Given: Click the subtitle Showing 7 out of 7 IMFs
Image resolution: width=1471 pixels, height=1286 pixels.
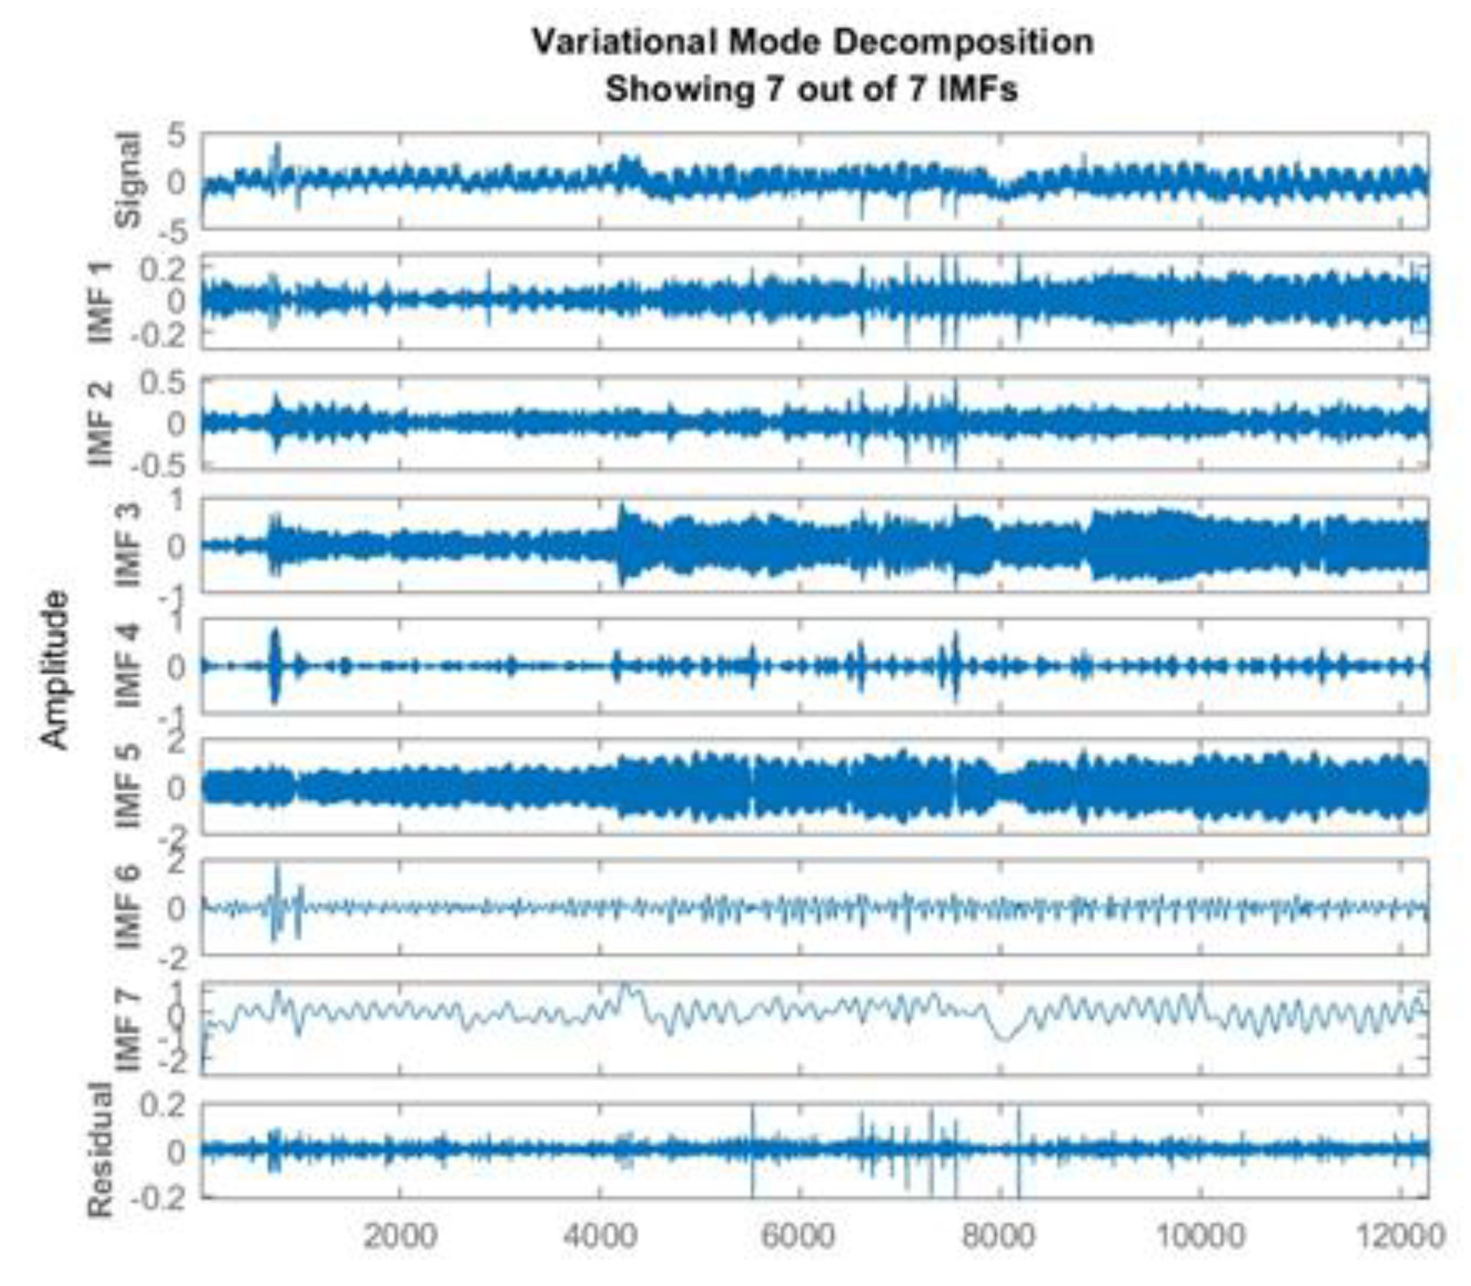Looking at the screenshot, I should pos(812,89).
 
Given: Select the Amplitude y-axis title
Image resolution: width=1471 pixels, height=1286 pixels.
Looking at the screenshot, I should pos(54,669).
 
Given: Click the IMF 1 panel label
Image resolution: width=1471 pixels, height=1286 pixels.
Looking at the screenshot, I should pos(101,302).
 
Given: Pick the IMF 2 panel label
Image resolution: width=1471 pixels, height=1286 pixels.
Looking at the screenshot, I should pos(101,423).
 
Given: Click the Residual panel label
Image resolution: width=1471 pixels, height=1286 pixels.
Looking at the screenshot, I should pos(101,1150).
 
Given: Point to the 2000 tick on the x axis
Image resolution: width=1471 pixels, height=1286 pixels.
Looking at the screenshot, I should pos(400,1236).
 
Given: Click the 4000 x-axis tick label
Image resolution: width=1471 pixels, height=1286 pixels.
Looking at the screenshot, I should pos(599,1236).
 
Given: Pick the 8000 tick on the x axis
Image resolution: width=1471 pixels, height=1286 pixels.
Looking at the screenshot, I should pos(998,1236).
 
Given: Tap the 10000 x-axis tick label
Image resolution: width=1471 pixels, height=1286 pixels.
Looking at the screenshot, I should pos(1198,1236).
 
